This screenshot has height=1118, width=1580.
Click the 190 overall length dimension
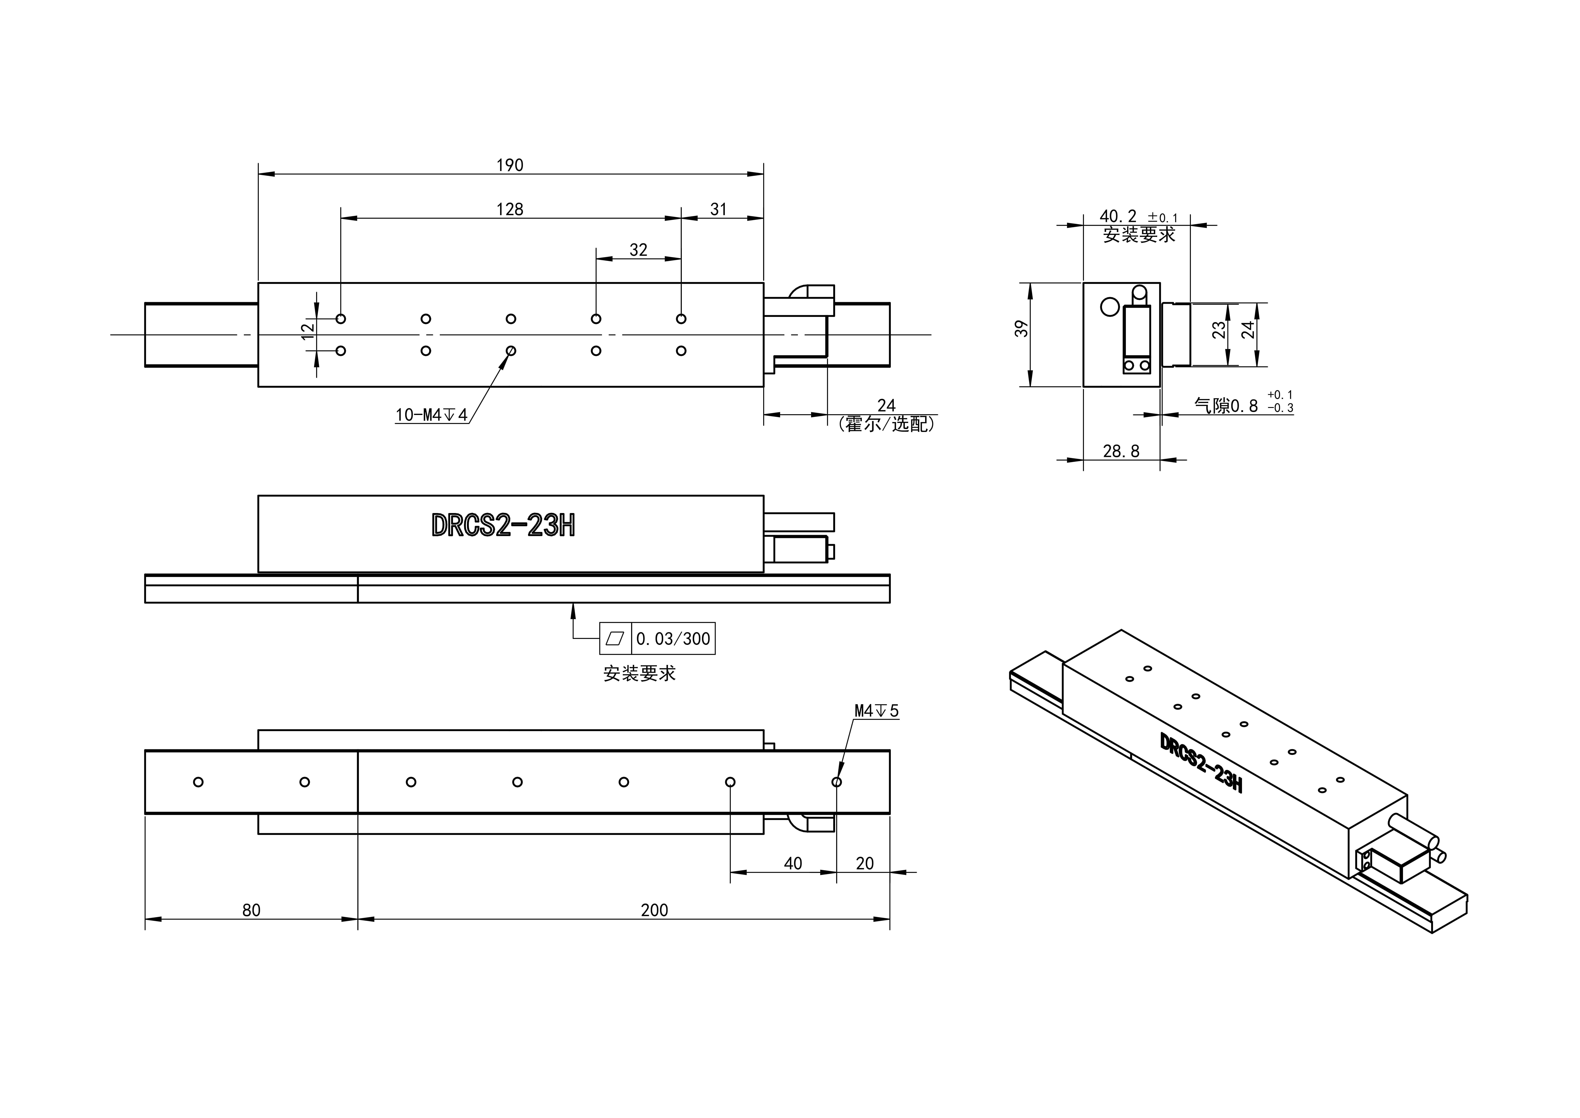510,165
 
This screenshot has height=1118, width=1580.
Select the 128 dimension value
510,209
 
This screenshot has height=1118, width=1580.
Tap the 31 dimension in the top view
718,209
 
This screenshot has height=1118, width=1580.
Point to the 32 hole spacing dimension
639,250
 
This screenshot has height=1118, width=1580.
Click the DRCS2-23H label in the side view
503,526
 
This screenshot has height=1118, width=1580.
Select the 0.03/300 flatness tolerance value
673,639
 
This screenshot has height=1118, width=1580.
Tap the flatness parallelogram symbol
615,639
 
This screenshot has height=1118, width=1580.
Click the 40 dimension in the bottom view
793,863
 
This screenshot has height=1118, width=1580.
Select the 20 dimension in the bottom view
864,863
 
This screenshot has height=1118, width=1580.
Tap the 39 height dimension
1023,329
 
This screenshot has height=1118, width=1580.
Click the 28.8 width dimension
1121,452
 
